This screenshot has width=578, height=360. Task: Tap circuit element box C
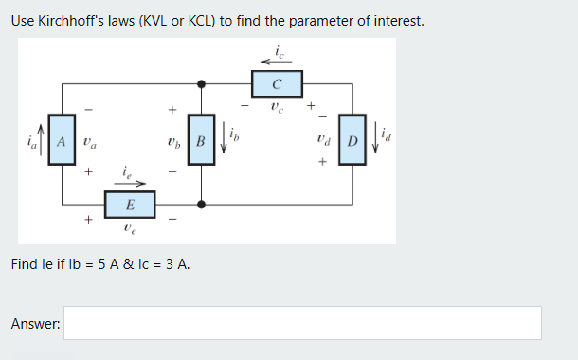276,82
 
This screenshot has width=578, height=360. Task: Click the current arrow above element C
276,62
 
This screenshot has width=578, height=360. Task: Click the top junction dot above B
201,82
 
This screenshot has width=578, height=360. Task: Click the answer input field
302,323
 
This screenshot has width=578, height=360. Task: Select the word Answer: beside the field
35,324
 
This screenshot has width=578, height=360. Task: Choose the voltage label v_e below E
130,227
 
